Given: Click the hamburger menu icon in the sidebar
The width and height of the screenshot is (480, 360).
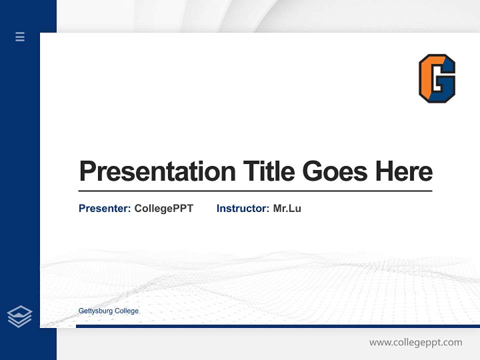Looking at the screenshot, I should point(20,36).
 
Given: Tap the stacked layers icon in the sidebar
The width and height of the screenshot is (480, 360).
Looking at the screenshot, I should point(19,316).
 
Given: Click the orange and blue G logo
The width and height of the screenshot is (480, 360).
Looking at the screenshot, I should point(437,78).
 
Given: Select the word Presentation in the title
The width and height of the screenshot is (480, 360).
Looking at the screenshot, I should point(157,171).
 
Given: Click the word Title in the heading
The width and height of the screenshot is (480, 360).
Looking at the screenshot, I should point(268,171).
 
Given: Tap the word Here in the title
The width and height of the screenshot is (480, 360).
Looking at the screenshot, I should point(403,171).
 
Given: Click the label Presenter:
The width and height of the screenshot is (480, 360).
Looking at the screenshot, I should point(104,208).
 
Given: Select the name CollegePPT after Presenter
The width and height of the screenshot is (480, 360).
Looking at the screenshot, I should point(163,208).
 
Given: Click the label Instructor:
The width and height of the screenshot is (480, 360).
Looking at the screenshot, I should point(242,208).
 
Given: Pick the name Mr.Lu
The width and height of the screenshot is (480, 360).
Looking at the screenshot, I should point(287,208).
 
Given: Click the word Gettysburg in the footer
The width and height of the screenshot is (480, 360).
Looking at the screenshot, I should point(95,311).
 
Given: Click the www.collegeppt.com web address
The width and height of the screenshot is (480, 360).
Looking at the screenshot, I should point(415,342).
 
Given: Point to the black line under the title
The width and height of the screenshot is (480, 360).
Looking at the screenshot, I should point(255,191).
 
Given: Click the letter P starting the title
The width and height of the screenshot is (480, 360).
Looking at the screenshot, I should point(88,171).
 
